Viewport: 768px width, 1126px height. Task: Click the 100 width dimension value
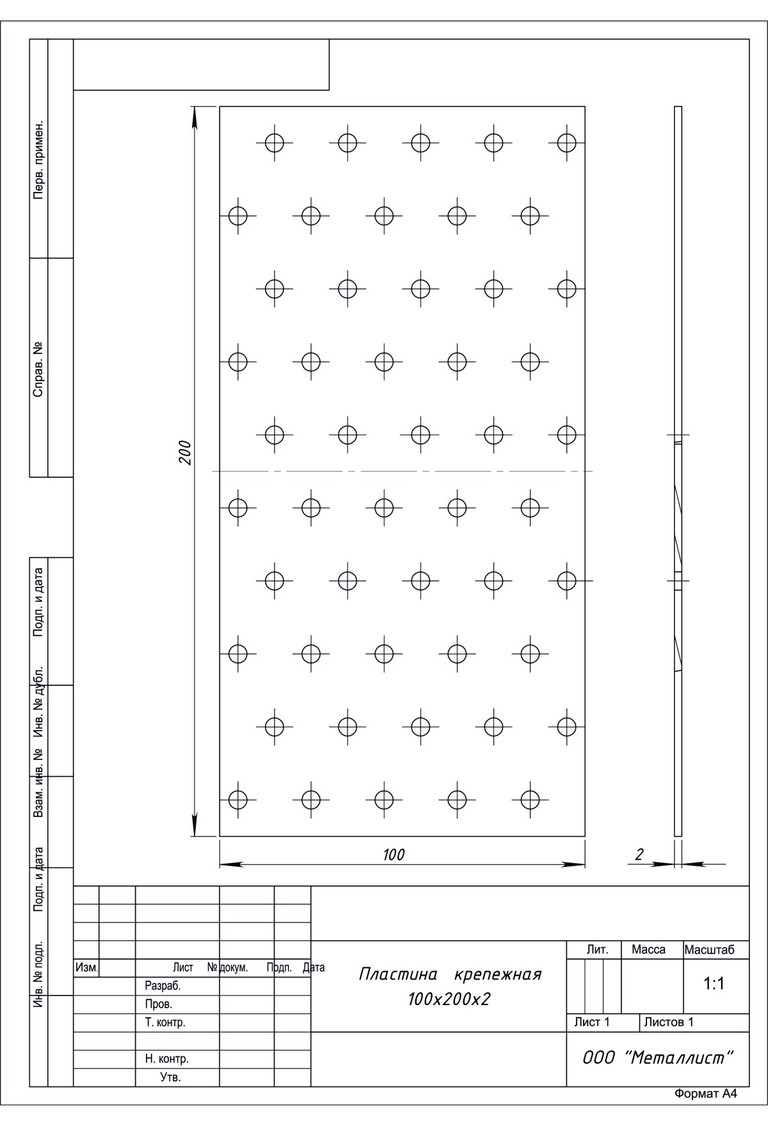(x=394, y=855)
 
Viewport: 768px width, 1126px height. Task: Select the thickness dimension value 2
(x=639, y=855)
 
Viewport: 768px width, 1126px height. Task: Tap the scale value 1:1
(x=714, y=984)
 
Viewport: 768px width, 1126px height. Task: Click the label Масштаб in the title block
(x=709, y=950)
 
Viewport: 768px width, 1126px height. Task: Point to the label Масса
(x=648, y=950)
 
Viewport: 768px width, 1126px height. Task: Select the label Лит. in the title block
(x=597, y=950)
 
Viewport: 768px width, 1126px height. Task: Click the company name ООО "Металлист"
(x=657, y=1058)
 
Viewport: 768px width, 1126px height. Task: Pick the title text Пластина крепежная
(x=450, y=975)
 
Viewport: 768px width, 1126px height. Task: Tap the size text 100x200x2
(x=449, y=999)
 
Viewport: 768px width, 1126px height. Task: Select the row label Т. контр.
(x=165, y=1023)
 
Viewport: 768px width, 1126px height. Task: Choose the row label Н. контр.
(x=166, y=1059)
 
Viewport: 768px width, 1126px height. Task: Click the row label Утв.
(x=170, y=1078)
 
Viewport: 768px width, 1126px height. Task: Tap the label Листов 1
(x=669, y=1022)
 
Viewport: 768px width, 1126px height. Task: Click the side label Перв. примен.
(x=38, y=159)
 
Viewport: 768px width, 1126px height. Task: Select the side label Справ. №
(x=38, y=369)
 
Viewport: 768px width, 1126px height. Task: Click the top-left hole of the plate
(x=275, y=143)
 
